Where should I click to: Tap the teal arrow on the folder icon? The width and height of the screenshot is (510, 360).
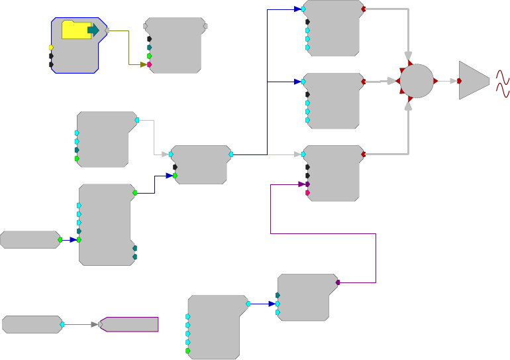(93, 30)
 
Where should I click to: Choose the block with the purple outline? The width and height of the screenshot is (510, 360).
(130, 324)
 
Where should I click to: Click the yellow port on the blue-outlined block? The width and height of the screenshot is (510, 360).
(51, 48)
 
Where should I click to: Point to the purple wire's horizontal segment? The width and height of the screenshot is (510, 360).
(323, 233)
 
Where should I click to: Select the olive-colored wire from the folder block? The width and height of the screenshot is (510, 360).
(128, 50)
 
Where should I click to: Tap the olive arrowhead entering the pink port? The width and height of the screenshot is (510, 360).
(142, 64)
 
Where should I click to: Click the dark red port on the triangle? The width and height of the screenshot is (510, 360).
(459, 81)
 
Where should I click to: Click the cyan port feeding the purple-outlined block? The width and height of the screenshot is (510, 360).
(62, 324)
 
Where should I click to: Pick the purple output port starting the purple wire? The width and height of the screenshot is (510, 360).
(338, 282)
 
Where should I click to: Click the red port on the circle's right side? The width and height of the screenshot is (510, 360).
(435, 81)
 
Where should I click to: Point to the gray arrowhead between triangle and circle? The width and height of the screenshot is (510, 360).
(454, 81)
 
